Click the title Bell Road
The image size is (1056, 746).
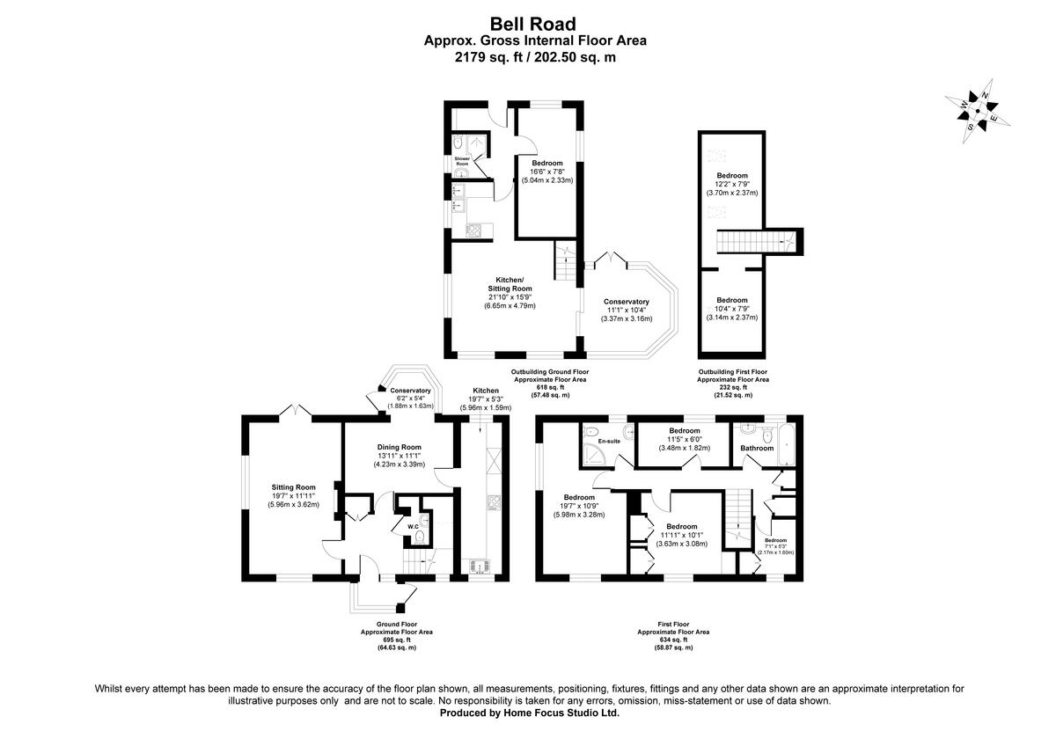(528, 24)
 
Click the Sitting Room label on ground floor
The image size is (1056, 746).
(293, 486)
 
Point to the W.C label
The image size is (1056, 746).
(411, 527)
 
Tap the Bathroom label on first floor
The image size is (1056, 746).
(757, 448)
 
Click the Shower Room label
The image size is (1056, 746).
(462, 161)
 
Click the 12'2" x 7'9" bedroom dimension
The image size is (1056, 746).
(731, 184)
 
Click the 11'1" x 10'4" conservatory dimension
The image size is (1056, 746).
(626, 311)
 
